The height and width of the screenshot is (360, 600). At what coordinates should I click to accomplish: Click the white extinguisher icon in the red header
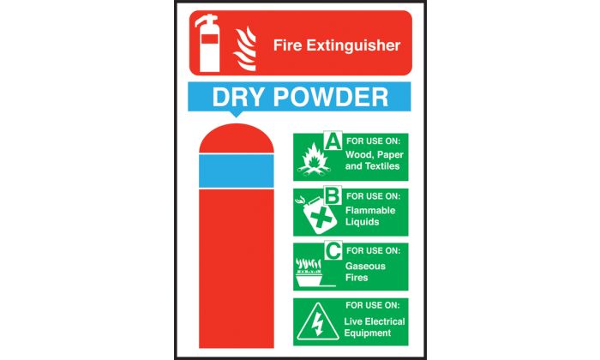[x=207, y=43]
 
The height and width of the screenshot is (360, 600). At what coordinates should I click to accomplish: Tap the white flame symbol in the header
[x=244, y=49]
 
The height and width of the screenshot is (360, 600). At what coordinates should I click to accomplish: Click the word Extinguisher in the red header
[x=353, y=45]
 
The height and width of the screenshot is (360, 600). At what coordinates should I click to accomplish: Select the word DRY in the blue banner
[x=237, y=97]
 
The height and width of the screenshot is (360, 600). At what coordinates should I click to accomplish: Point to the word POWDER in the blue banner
[x=331, y=97]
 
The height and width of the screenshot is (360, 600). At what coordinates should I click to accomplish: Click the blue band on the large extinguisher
[x=237, y=171]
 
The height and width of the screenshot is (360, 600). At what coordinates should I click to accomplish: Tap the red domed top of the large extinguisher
[x=237, y=138]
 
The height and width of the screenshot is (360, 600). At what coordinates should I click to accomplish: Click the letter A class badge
[x=333, y=141]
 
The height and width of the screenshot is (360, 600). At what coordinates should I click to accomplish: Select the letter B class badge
[x=333, y=195]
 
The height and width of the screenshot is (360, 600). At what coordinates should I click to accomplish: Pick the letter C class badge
[x=333, y=250]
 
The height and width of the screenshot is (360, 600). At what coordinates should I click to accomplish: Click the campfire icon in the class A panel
[x=314, y=160]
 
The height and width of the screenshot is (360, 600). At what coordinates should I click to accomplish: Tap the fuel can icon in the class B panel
[x=316, y=215]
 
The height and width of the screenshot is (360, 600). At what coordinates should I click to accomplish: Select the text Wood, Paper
[x=375, y=155]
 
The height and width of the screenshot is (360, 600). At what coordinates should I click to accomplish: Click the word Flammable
[x=370, y=210]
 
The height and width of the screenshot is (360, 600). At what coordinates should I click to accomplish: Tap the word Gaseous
[x=365, y=266]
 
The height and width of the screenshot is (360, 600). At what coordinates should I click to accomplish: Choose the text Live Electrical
[x=375, y=321]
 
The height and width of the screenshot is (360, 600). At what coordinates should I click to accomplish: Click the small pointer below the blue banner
[x=237, y=114]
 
